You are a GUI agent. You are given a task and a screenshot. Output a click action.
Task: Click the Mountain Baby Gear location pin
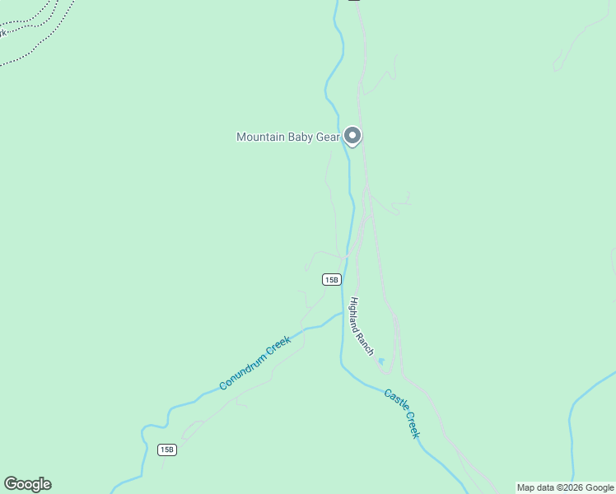tap(352, 136)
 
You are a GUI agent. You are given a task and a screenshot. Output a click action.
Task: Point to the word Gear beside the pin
tap(328, 137)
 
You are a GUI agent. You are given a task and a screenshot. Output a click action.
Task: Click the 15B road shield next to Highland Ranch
tap(331, 280)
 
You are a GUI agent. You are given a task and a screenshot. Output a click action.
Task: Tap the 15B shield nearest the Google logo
tap(167, 450)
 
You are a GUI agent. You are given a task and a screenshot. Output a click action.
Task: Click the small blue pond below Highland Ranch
tap(380, 361)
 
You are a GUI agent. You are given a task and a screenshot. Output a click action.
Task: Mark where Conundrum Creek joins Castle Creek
tap(342, 314)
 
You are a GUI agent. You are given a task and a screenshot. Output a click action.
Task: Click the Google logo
tap(27, 484)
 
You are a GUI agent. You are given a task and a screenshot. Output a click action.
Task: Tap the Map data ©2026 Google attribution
tap(566, 488)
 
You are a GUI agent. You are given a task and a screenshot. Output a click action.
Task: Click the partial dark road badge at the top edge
tap(353, 1)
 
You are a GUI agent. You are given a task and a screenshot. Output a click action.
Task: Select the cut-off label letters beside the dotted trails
tap(2, 33)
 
